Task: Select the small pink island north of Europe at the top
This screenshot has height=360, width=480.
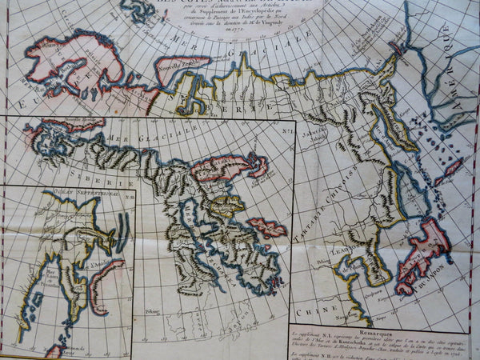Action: [x=140, y=10]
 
